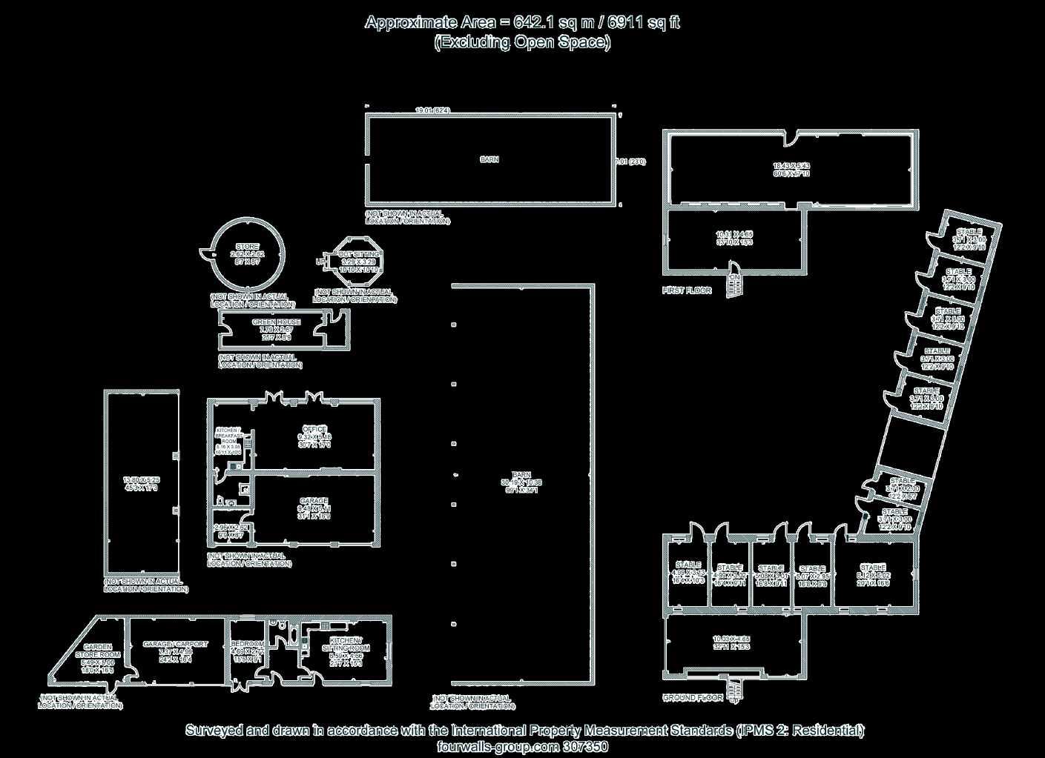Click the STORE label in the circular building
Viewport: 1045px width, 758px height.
248,246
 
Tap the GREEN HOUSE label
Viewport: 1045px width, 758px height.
277,322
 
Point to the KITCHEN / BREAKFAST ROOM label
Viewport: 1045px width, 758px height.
228,435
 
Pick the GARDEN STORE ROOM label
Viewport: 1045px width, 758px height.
98,651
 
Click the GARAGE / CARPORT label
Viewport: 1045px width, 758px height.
175,644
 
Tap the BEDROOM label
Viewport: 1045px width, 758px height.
246,644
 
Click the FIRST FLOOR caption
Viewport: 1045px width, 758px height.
687,290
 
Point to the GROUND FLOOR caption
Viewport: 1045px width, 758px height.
693,698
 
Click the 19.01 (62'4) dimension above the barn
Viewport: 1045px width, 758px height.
432,110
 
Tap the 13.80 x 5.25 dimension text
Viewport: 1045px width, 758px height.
141,480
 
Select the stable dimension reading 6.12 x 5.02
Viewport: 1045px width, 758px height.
873,575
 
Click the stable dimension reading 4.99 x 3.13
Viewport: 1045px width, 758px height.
688,574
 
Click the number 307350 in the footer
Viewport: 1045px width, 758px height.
585,746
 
